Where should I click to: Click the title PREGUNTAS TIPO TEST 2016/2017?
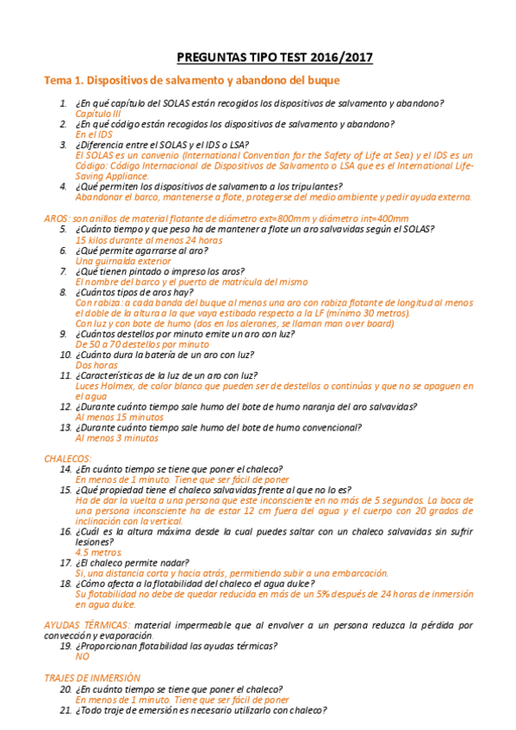click(275, 58)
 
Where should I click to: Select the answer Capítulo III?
click(98, 114)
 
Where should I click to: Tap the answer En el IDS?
click(94, 134)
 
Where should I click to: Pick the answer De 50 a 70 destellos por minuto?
click(142, 343)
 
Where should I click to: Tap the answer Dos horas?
click(96, 365)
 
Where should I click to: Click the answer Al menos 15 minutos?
click(119, 417)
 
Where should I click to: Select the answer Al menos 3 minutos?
click(117, 437)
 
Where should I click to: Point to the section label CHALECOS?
click(68, 459)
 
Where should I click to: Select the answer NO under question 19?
click(83, 656)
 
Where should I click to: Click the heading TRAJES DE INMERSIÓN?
click(92, 678)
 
